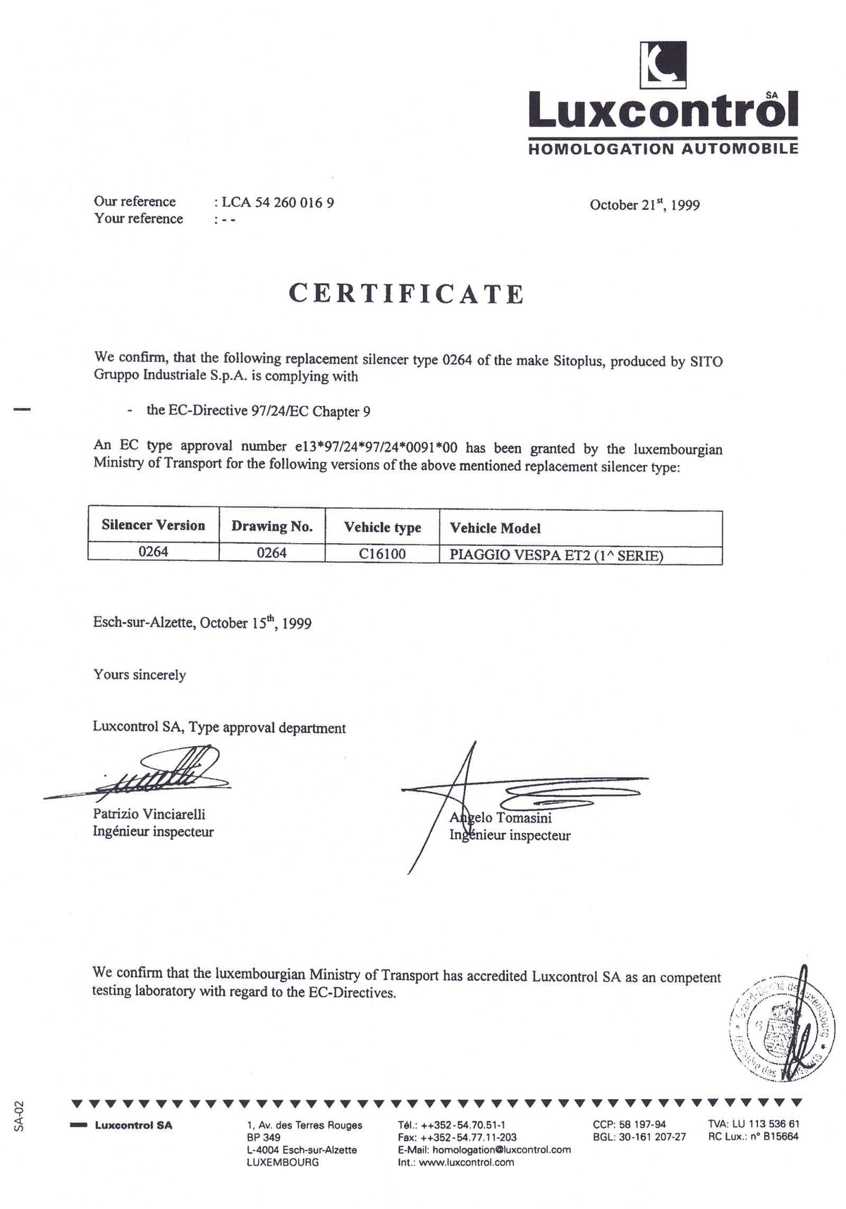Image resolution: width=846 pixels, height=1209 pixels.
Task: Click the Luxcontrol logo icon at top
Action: [663, 64]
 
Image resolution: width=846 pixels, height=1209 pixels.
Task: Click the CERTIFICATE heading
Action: [407, 294]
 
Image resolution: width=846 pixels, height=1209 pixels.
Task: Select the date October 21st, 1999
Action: [644, 205]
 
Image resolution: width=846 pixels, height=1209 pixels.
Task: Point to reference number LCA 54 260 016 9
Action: [278, 202]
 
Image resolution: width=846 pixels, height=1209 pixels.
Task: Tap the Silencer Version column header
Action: [153, 526]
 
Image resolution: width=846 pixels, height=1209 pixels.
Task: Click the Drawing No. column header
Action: [272, 527]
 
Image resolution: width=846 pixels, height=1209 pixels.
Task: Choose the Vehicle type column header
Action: [382, 528]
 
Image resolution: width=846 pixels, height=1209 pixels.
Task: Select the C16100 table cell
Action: [382, 554]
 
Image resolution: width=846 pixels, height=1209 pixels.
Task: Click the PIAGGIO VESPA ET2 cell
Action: [556, 554]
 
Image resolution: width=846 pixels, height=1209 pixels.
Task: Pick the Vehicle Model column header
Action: [495, 528]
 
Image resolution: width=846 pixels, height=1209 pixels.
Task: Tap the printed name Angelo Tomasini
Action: [501, 818]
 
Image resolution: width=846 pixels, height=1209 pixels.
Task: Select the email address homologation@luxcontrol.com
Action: [501, 1150]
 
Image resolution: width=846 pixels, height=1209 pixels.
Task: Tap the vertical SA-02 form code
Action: [19, 1117]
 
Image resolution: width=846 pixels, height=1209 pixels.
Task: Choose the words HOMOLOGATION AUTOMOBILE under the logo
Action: [663, 149]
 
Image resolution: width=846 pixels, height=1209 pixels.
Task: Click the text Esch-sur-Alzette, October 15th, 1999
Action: [202, 623]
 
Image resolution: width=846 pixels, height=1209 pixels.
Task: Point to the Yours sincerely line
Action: [140, 675]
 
